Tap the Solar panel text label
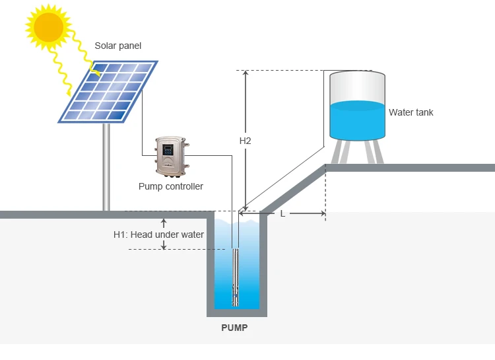118,46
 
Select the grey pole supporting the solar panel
106,165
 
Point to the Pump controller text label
171,186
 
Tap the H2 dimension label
245,141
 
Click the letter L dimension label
282,213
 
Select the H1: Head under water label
158,234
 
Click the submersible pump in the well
236,277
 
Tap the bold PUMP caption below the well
235,327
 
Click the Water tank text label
411,112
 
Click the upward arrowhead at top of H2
245,74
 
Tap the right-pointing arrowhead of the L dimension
322,213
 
